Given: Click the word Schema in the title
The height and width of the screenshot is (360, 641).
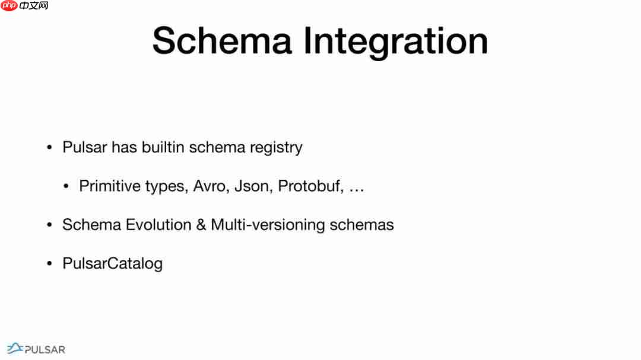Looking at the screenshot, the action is [x=222, y=40].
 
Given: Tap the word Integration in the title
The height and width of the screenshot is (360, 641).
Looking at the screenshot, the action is [x=395, y=43].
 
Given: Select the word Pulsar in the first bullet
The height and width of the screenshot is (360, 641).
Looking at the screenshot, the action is [x=85, y=147].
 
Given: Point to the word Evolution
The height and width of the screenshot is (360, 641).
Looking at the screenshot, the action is [x=158, y=225].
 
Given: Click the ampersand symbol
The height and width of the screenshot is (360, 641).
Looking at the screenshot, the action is [x=201, y=225].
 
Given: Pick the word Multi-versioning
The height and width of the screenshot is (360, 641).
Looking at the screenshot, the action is [x=268, y=225].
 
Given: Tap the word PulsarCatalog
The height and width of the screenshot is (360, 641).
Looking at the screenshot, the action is [x=112, y=264].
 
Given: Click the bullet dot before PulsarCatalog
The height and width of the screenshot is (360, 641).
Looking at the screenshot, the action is [x=49, y=263].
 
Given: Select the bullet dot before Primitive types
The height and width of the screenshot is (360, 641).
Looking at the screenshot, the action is [x=66, y=186].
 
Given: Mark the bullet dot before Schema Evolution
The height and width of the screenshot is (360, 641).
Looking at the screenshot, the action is [x=49, y=225].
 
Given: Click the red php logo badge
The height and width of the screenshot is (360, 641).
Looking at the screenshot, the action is [x=9, y=6].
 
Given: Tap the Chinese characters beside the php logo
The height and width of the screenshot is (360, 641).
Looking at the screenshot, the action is [x=34, y=6].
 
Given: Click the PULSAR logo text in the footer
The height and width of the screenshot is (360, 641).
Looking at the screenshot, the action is [x=45, y=350].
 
